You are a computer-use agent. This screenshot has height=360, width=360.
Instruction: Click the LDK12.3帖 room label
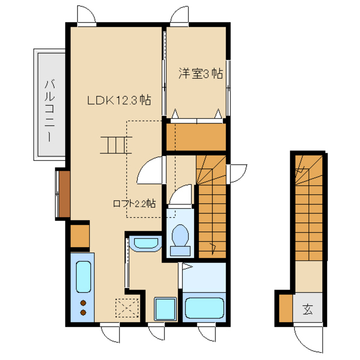click(119, 100)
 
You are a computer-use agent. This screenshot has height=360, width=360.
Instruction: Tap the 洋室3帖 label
click(200, 73)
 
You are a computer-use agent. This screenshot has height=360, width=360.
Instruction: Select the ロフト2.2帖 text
click(134, 203)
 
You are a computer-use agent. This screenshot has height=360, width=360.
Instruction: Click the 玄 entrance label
click(307, 309)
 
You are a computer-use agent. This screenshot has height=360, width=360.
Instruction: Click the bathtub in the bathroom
click(204, 308)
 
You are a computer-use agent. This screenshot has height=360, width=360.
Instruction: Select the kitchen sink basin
click(83, 277)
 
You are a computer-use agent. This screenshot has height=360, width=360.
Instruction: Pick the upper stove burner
click(83, 303)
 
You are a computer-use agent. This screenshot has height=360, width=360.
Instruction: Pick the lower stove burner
click(83, 312)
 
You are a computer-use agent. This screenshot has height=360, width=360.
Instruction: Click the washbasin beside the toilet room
click(146, 243)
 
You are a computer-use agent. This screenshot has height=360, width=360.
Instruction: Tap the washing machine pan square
click(165, 309)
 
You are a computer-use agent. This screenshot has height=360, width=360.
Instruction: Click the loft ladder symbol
click(116, 145)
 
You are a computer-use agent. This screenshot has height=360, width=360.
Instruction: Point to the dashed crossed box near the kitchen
click(127, 308)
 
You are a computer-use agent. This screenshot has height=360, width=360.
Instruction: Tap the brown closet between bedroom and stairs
click(196, 137)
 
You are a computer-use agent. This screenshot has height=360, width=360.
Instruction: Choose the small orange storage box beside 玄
click(286, 308)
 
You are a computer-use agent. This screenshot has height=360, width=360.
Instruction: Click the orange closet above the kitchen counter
click(80, 236)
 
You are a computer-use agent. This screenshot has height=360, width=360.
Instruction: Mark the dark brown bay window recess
click(64, 194)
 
